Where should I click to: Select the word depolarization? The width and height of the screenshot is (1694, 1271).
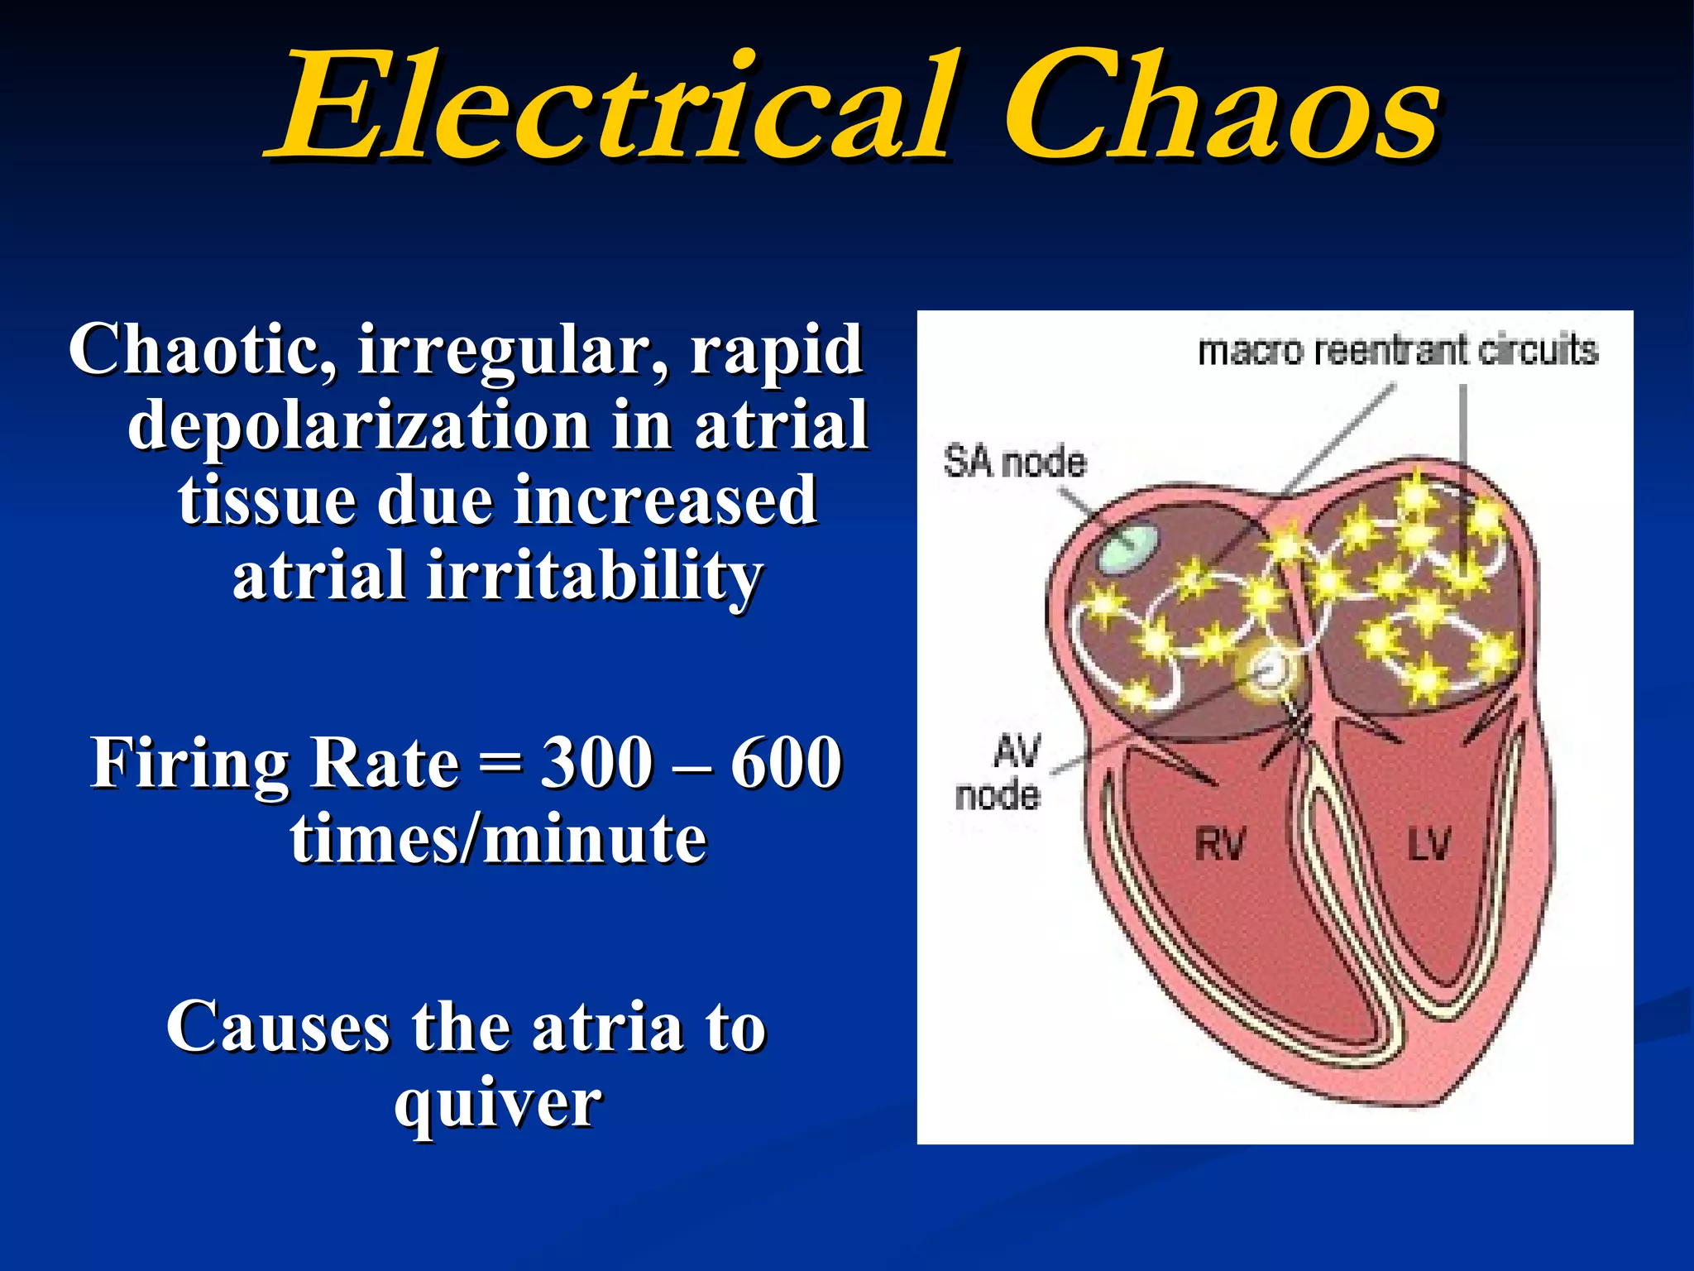click(358, 425)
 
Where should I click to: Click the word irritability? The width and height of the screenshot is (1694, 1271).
click(593, 576)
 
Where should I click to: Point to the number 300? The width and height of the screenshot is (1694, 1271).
click(596, 763)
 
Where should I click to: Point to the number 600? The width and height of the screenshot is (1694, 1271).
click(786, 763)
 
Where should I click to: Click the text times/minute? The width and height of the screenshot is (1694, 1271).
click(498, 839)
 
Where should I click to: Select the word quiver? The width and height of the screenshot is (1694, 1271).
click(498, 1102)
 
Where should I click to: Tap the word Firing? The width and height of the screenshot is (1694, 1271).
click(190, 763)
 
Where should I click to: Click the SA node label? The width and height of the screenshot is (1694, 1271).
click(1014, 462)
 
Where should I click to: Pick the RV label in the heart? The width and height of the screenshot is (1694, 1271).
click(1219, 845)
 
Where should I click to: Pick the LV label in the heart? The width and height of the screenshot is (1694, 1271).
click(1428, 845)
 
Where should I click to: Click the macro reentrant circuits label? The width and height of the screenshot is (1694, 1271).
click(1398, 351)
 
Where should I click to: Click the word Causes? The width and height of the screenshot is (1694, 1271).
click(277, 1027)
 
